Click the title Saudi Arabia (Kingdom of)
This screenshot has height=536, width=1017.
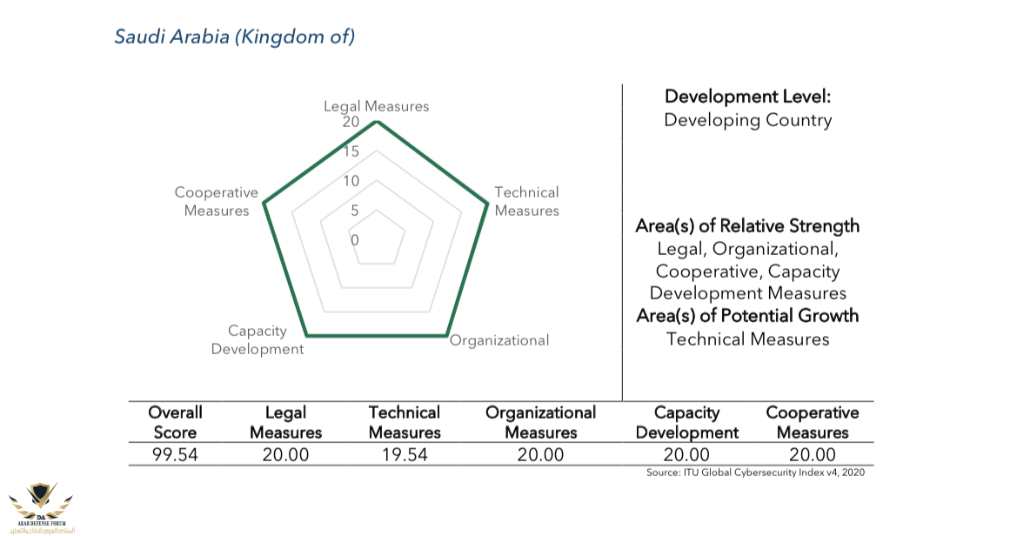coord(235,37)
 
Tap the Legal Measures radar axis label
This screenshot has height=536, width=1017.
coord(376,106)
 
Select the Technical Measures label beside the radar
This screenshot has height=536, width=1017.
coord(526,201)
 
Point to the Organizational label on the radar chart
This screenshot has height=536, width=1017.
coord(499,340)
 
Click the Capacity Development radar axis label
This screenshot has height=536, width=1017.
coord(258,340)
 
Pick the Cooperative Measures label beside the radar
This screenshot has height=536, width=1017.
coord(217,201)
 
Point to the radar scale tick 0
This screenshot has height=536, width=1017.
coord(354,239)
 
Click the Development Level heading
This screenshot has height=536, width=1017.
coord(747,97)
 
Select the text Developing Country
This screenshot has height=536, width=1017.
coord(747,120)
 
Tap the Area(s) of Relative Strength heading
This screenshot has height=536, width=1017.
coord(747,226)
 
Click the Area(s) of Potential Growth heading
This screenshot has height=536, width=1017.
coord(747,315)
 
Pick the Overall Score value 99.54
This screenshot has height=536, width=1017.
coord(175,454)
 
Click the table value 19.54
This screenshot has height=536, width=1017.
coord(404,454)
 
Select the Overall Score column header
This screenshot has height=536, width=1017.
coord(175,422)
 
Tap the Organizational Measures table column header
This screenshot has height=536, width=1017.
coord(540,422)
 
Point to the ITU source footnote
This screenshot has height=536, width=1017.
coord(755,472)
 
